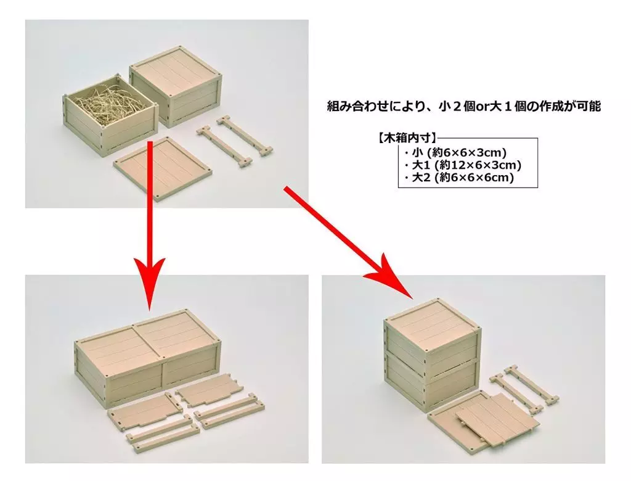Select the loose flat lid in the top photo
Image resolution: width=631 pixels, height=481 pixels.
163,168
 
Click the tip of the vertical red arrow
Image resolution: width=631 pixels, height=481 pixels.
149,310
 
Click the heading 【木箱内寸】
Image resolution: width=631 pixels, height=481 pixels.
407,139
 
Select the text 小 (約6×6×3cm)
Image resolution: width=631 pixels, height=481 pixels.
458,153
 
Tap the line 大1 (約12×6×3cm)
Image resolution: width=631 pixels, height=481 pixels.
466,165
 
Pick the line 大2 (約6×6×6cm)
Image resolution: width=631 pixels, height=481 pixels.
462,177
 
